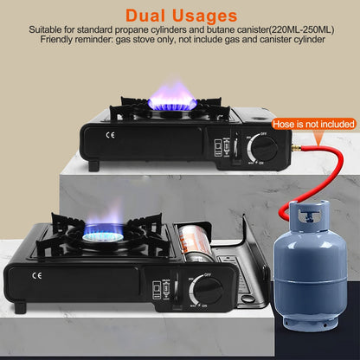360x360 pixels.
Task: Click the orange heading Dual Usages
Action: pos(181,15)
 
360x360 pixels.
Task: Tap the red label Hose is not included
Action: pos(313,125)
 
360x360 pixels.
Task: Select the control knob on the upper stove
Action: pos(265,148)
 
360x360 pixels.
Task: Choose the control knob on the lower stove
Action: pos(207,289)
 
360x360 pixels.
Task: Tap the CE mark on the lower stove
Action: pos(35,277)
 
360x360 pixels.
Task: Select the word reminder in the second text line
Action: pos(106,40)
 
